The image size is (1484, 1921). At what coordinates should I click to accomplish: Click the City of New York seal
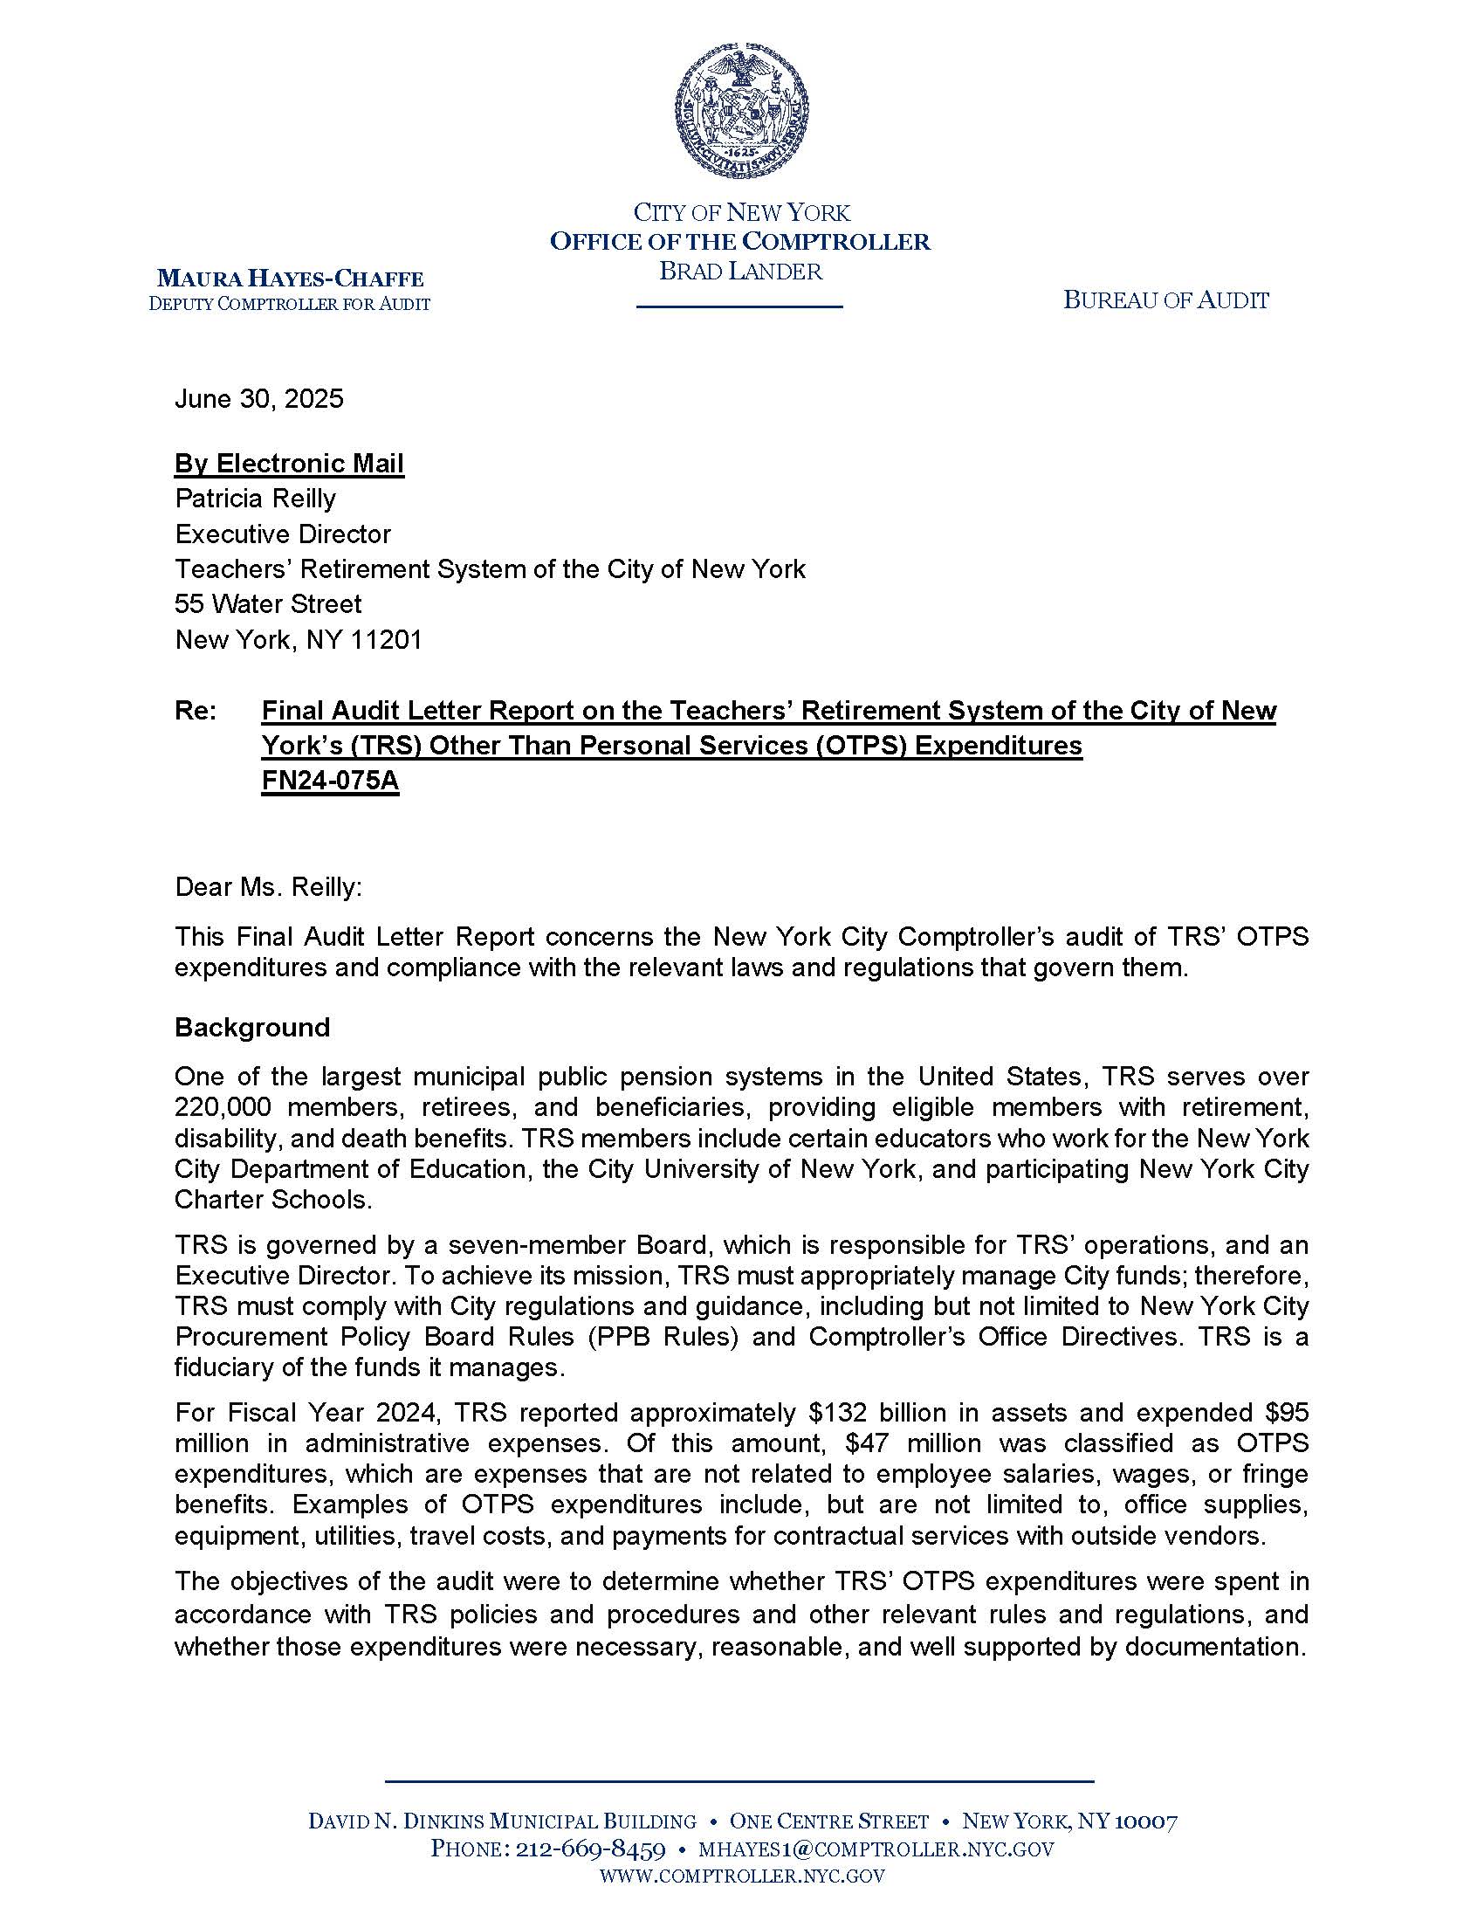pyautogui.click(x=741, y=113)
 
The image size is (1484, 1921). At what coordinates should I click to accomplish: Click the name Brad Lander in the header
pyautogui.click(x=740, y=271)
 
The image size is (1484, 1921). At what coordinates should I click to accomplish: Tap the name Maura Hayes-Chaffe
pyautogui.click(x=290, y=279)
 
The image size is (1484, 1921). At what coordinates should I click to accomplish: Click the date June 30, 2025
pyautogui.click(x=259, y=399)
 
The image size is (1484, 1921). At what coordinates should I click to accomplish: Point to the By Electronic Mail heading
pyautogui.click(x=289, y=464)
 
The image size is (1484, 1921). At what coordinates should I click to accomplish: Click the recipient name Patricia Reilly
pyautogui.click(x=255, y=499)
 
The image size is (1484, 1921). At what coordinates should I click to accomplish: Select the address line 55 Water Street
pyautogui.click(x=268, y=604)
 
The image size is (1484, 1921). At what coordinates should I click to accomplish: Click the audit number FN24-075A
pyautogui.click(x=330, y=782)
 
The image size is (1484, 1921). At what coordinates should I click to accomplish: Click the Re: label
pyautogui.click(x=196, y=711)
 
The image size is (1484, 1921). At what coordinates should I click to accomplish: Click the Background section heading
pyautogui.click(x=252, y=1028)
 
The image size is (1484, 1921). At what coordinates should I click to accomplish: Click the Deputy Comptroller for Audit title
pyautogui.click(x=290, y=305)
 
